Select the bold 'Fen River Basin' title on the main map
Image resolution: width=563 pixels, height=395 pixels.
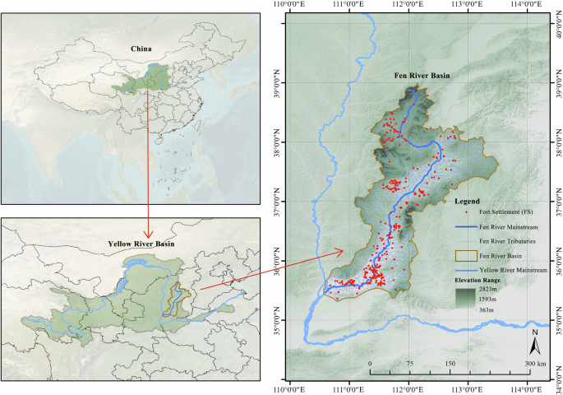tap(421, 77)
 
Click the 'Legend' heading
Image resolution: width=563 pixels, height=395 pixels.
tap(468, 200)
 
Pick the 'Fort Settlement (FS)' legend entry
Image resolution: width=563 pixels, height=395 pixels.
tap(502, 212)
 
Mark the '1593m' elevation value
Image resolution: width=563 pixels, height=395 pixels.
tap(490, 301)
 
